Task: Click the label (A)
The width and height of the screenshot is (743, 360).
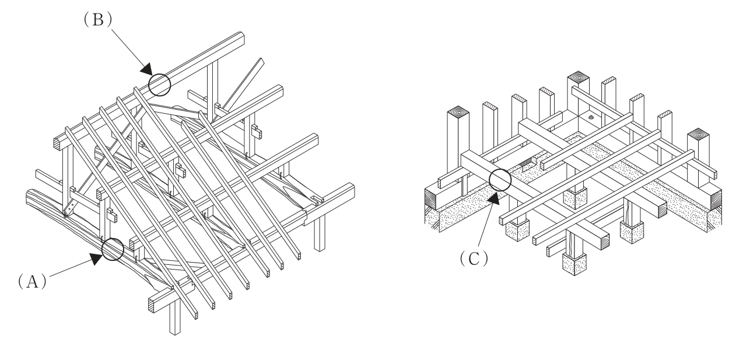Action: pyautogui.click(x=32, y=281)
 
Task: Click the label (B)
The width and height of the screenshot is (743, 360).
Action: pyautogui.click(x=98, y=20)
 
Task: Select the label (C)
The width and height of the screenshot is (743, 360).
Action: pyautogui.click(x=474, y=258)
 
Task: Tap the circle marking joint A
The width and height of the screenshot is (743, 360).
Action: pyautogui.click(x=113, y=249)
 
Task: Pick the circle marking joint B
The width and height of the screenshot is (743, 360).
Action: pyautogui.click(x=160, y=85)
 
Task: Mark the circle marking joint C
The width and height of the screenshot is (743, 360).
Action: pyautogui.click(x=500, y=180)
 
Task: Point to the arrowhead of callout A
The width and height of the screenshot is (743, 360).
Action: pyautogui.click(x=97, y=258)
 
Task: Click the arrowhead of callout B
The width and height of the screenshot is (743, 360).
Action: pyautogui.click(x=146, y=69)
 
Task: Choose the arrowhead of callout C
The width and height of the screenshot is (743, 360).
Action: pyautogui.click(x=494, y=198)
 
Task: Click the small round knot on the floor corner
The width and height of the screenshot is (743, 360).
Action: pyautogui.click(x=591, y=117)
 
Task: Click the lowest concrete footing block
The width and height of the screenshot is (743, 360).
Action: pyautogui.click(x=574, y=264)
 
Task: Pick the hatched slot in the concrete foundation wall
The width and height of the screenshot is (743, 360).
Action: pyautogui.click(x=528, y=162)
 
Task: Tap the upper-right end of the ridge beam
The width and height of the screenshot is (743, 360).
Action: pyautogui.click(x=241, y=38)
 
